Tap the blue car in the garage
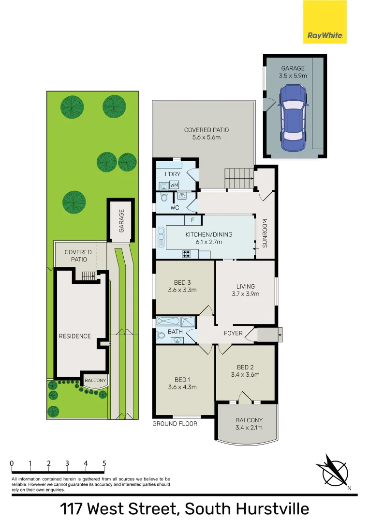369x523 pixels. pyautogui.click(x=294, y=118)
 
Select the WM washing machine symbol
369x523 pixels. pyautogui.click(x=174, y=185)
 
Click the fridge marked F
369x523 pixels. pyautogui.click(x=192, y=220)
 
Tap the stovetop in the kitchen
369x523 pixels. pyautogui.click(x=187, y=254)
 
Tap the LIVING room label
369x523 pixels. pyautogui.click(x=246, y=286)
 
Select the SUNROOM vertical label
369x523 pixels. pyautogui.click(x=265, y=234)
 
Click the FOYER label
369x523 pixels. pyautogui.click(x=233, y=333)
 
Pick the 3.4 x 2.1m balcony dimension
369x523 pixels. pyautogui.click(x=249, y=428)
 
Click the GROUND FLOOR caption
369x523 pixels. pyautogui.click(x=175, y=423)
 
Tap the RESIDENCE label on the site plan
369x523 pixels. pyautogui.click(x=75, y=336)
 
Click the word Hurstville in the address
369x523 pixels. pyautogui.click(x=271, y=509)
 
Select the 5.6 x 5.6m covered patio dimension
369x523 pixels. pyautogui.click(x=207, y=138)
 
